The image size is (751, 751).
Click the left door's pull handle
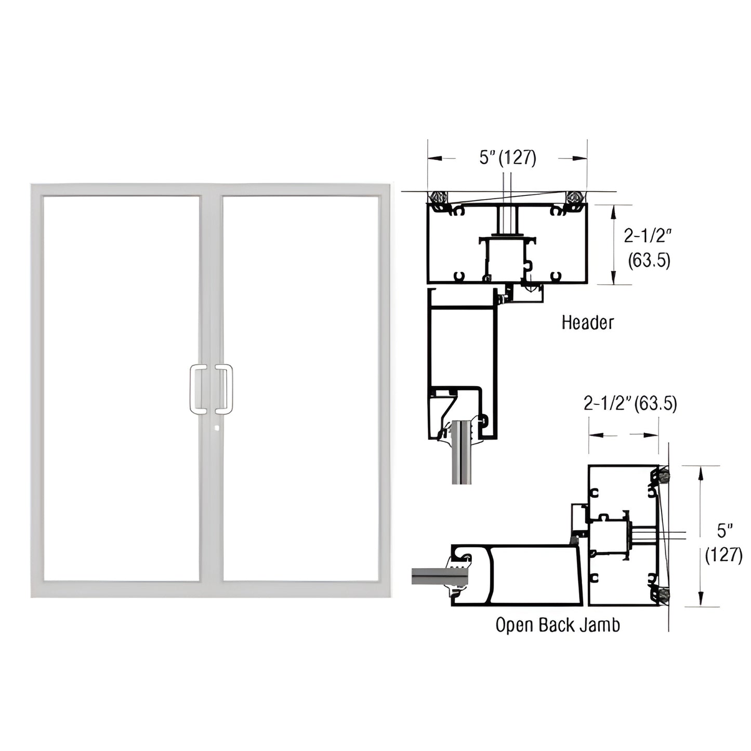[197, 389]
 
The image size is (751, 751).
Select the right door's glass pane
[300, 388]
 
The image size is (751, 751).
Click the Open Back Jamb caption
[557, 625]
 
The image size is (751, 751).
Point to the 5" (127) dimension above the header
[507, 157]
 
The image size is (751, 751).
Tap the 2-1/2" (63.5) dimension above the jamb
[630, 403]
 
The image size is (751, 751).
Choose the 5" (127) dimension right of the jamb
[723, 543]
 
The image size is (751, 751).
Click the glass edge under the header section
[461, 457]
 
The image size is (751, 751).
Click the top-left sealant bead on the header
[437, 198]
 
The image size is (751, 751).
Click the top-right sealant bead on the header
[575, 198]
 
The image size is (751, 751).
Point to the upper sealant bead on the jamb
[663, 474]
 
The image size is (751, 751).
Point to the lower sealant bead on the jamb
[663, 596]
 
